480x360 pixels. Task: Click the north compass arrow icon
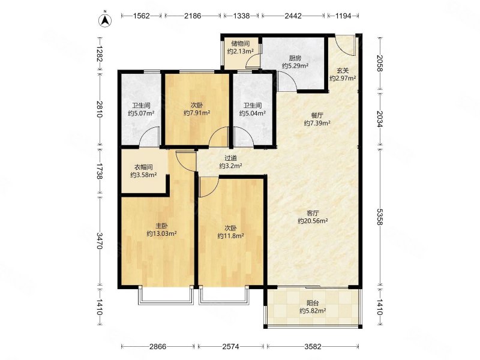pos(104,20)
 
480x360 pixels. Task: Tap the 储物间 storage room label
pos(241,43)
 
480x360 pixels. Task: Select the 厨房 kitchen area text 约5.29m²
pos(295,66)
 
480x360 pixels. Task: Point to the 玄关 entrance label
pos(343,70)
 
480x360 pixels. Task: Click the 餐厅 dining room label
pos(317,115)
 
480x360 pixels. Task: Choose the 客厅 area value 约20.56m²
pos(313,221)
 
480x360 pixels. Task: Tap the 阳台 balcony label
pos(313,303)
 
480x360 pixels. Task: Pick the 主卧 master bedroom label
pos(161,226)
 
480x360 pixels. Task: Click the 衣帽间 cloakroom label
pos(143,167)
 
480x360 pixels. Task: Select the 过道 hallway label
pos(231,158)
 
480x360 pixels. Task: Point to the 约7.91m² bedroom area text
pos(197,113)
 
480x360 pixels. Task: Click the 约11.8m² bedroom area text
pos(230,236)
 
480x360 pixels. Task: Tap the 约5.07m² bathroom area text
pos(141,113)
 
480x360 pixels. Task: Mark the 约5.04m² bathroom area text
pos(252,113)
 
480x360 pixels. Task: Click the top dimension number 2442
pos(293,16)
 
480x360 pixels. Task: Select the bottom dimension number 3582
pos(313,347)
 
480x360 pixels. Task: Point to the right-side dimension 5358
pos(380,217)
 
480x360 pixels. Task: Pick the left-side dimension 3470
pos(100,241)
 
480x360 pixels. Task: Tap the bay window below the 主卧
pos(166,296)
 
